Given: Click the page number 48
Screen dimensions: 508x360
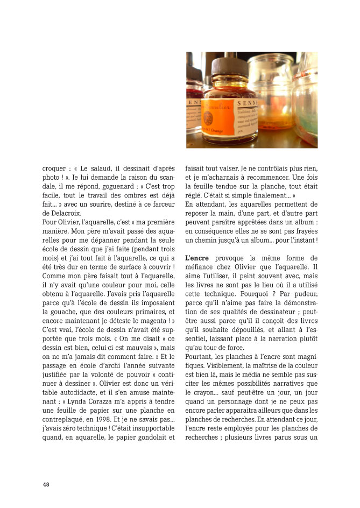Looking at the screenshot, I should pos(46,484).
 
